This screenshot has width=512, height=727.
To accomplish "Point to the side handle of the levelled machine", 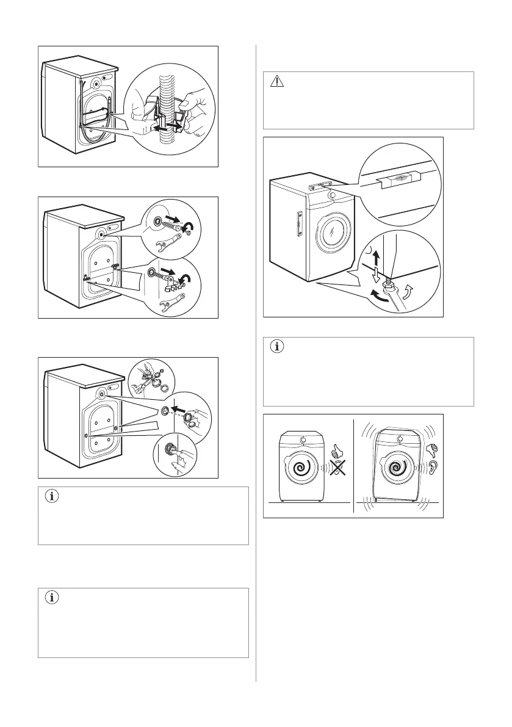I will (x=298, y=222).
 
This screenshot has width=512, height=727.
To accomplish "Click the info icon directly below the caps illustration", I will (x=52, y=497).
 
